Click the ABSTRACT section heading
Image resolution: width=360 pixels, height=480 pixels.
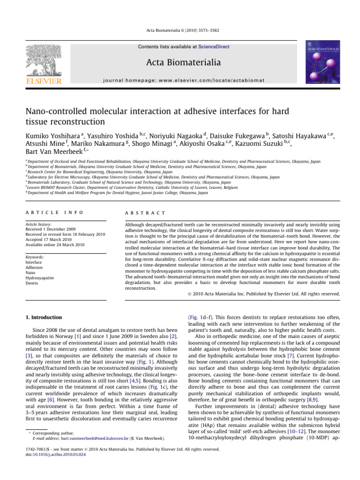click(x=136, y=199)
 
